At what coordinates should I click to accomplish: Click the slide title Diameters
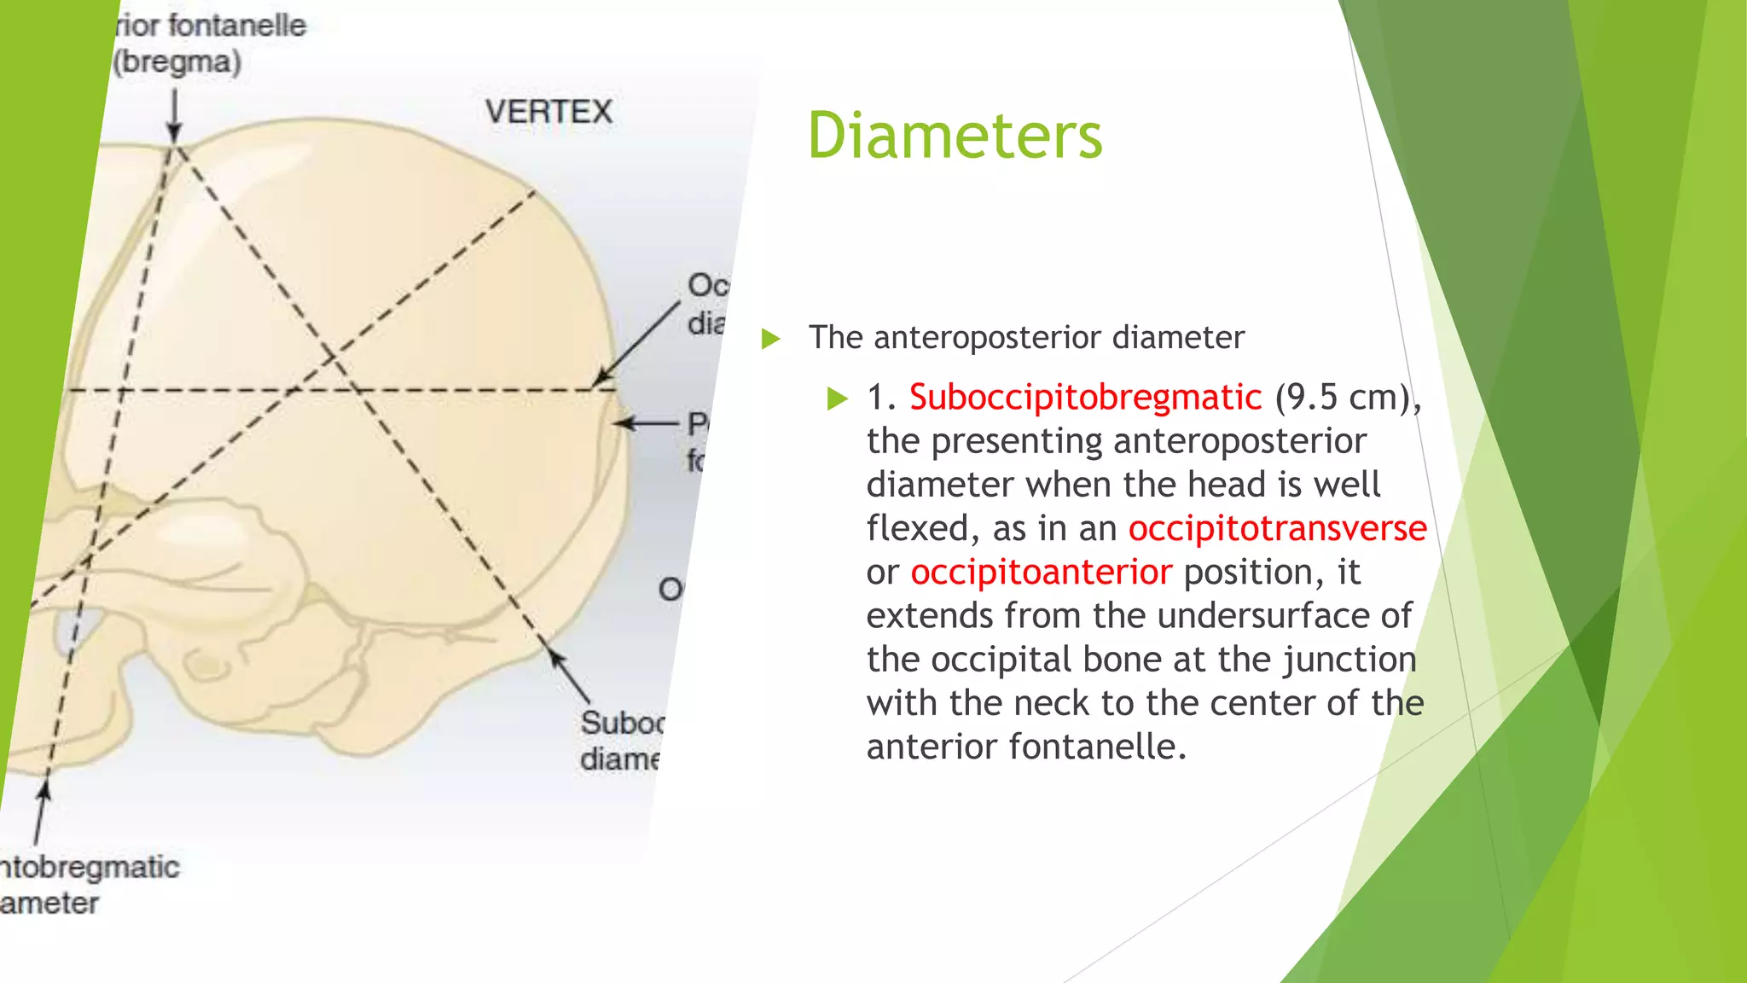955,136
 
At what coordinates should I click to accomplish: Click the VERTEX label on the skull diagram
548,112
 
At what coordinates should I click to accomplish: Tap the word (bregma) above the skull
178,62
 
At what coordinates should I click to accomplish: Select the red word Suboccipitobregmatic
1085,398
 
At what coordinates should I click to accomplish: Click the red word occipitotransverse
1277,528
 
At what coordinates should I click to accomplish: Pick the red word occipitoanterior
1041,572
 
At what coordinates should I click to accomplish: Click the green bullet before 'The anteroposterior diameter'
770,339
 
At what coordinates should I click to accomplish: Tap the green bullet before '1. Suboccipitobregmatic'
838,398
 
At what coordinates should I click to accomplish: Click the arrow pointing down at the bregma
174,115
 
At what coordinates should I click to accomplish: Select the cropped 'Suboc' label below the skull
621,723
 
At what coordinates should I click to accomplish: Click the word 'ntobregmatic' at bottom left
90,867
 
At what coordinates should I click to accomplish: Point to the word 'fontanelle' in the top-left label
236,26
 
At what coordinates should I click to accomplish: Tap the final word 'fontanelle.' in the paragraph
1098,747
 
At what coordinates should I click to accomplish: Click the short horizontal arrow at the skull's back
647,423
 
